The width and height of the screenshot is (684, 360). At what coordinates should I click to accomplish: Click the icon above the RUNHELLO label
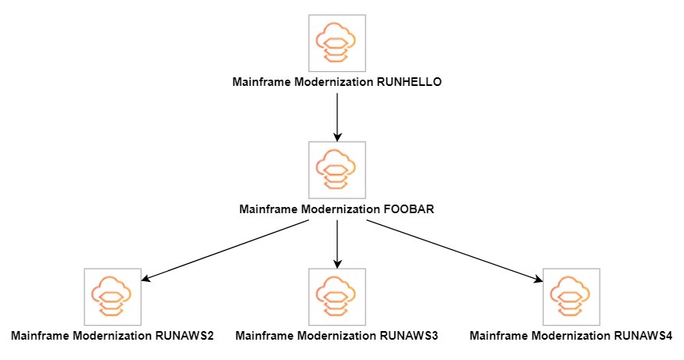337,42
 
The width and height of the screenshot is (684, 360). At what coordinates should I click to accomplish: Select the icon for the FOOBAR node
337,170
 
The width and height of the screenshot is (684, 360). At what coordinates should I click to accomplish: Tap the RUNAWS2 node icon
112,297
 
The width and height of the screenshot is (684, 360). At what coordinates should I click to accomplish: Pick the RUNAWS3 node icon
337,297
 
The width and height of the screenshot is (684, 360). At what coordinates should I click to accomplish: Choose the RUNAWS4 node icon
571,297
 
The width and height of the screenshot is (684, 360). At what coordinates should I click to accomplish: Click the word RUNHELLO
409,82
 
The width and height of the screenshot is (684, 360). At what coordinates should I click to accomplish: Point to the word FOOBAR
409,209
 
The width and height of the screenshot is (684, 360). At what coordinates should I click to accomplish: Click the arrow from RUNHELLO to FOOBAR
337,117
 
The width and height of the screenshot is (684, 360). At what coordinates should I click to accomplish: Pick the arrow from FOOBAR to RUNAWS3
337,244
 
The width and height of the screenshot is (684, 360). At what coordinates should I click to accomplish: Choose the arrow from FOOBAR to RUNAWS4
453,249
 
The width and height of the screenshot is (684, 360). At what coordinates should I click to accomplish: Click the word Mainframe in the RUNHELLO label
261,82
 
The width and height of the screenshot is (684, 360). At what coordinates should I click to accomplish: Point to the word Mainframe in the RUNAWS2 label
39,336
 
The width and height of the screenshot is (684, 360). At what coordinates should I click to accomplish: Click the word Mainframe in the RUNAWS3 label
264,336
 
